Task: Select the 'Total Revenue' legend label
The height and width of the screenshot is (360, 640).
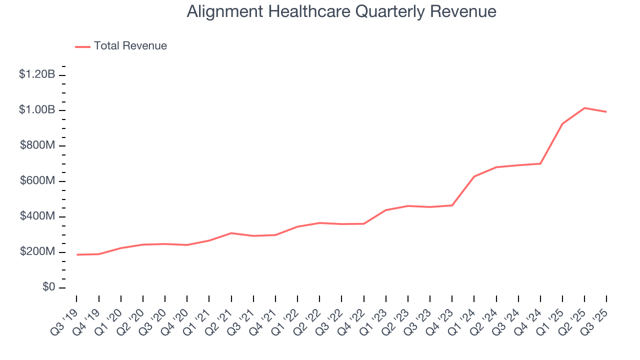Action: tap(130, 46)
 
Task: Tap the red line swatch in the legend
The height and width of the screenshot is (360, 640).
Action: tap(82, 46)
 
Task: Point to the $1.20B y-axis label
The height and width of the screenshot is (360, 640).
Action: tap(37, 74)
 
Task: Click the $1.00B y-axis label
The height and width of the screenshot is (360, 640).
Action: tap(37, 110)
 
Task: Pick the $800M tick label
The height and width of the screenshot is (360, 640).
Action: tap(38, 145)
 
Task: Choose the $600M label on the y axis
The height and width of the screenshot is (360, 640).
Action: tap(38, 181)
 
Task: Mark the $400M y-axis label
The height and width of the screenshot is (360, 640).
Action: tap(38, 216)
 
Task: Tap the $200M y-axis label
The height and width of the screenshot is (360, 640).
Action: tap(38, 252)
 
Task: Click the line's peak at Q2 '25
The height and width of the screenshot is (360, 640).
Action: tap(584, 108)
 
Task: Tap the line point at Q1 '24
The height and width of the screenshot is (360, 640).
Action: tap(474, 176)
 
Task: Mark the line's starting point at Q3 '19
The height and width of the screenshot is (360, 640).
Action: tap(76, 254)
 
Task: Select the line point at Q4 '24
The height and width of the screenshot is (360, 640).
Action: tap(540, 163)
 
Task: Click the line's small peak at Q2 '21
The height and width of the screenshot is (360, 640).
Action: tap(231, 233)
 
